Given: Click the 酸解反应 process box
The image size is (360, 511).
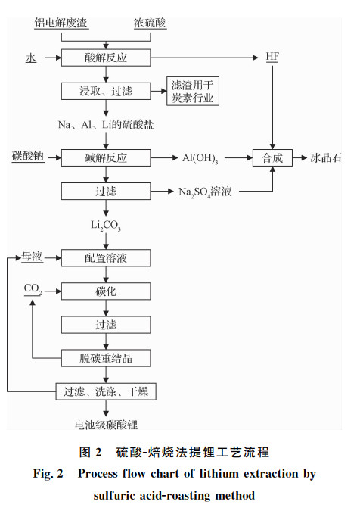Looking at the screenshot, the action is coord(106,58).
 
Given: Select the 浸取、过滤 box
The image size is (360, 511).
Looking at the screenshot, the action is coord(106,91).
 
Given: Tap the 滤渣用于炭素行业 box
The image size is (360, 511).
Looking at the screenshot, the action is coord(193,91).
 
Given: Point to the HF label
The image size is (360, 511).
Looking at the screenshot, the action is coord(272,57).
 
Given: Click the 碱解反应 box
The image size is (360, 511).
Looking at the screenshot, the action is coord(106,157).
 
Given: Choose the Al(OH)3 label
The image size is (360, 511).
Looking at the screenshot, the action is coord(200,158).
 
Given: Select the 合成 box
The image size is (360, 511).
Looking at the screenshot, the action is coord(272,157).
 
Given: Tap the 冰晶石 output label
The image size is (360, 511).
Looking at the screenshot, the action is coord(325,158).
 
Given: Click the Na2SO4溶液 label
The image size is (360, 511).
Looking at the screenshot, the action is coord(205,192).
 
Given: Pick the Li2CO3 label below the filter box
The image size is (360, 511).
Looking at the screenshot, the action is coord(106,225).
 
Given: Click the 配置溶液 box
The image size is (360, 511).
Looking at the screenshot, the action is coord(106,258).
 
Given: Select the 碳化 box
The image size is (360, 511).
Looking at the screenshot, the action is coord(106,291).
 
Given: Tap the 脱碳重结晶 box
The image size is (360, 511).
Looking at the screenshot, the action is coord(106,358).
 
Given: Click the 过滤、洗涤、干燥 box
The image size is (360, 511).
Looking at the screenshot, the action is coord(106,391).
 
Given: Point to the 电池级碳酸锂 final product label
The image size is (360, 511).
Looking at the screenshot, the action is coord(107,425).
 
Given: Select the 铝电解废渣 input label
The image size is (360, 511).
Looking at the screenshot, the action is coord(61,23).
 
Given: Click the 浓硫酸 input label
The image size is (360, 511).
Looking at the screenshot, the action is coord(150,23).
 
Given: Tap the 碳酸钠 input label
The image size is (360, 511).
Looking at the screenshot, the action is coord(28,156).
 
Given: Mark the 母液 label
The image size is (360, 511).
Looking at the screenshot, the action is coord(32,257).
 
